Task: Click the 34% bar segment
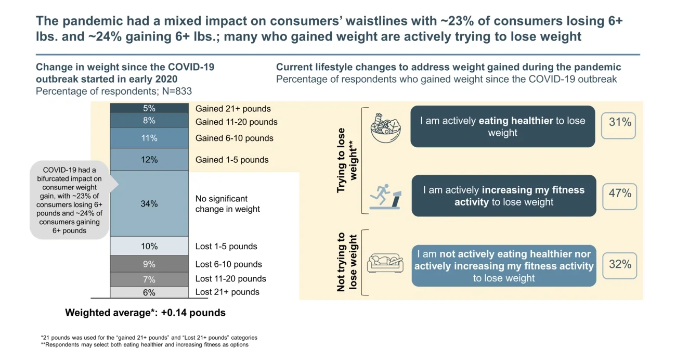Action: pos(149,204)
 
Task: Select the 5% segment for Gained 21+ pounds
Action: pos(149,109)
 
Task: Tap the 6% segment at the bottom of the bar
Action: pos(149,292)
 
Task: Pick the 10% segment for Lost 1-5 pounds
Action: pos(149,246)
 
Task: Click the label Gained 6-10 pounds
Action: pos(234,138)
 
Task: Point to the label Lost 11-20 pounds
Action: pos(230,279)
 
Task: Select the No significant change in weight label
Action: pos(227,204)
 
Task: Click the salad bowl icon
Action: pos(385,128)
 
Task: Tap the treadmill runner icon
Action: pos(385,197)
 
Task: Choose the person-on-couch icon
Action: pos(385,263)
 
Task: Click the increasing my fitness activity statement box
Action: pos(503,196)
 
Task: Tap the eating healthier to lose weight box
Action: pos(502,126)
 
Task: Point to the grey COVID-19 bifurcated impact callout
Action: pos(70,200)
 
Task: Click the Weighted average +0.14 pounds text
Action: pos(145,313)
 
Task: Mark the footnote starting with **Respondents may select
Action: pos(145,345)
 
